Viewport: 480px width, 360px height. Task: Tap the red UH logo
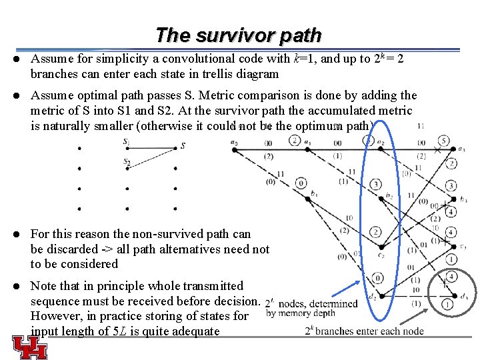(29, 347)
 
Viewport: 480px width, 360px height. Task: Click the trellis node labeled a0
(235, 149)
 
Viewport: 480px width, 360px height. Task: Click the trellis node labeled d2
(378, 295)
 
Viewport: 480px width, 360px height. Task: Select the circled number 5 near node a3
(443, 141)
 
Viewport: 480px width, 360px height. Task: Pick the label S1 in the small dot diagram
(127, 142)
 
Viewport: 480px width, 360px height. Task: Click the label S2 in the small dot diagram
(127, 162)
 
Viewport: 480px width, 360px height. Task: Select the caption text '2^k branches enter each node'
(365, 331)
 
